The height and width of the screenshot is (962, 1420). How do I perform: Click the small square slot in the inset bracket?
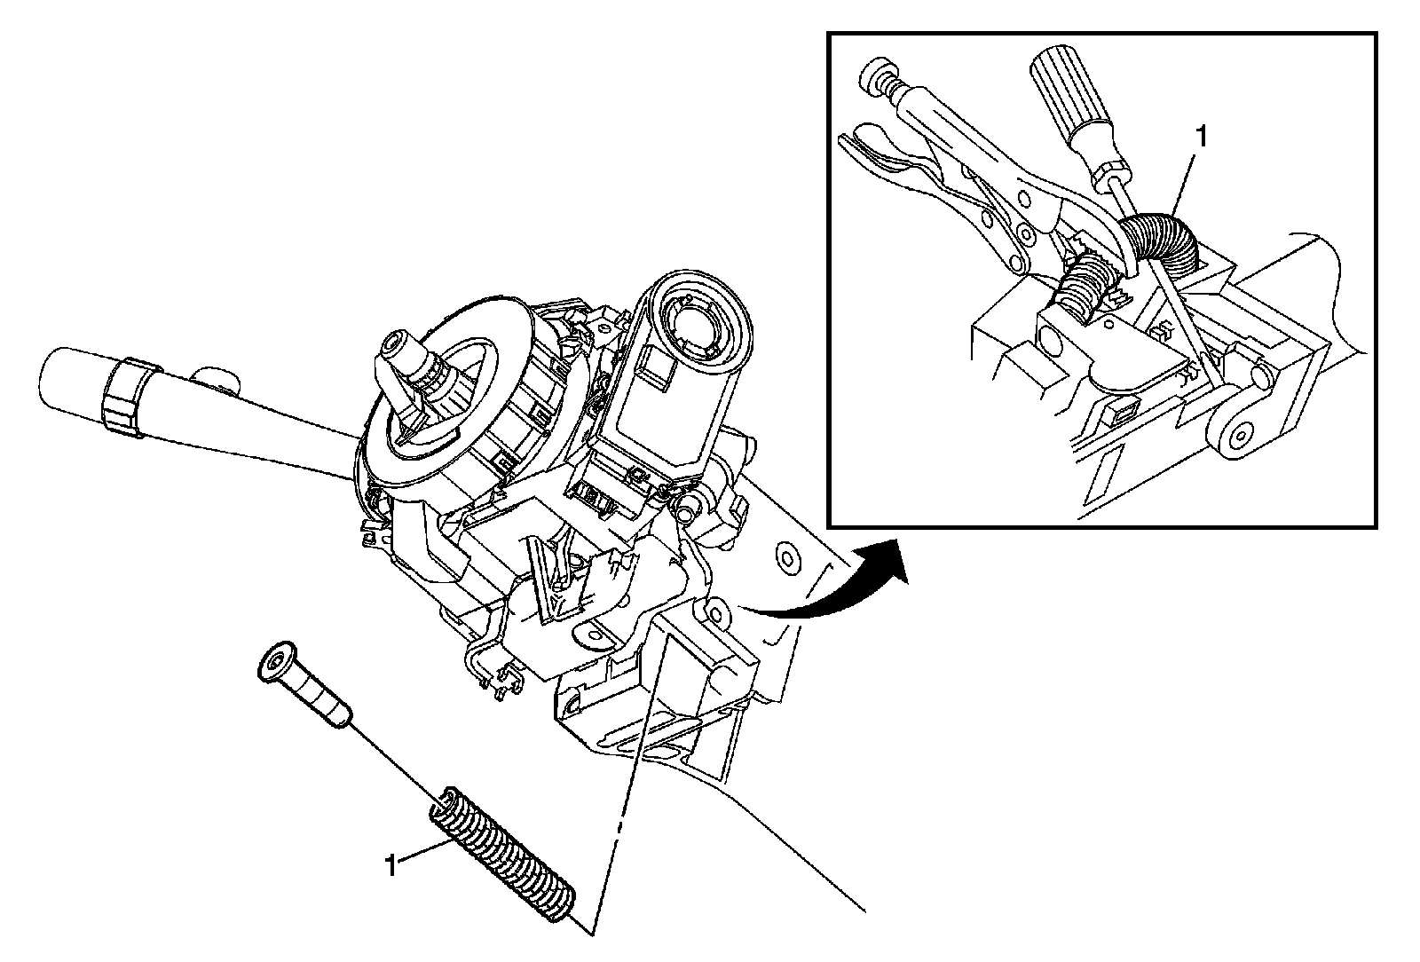pyautogui.click(x=1124, y=410)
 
